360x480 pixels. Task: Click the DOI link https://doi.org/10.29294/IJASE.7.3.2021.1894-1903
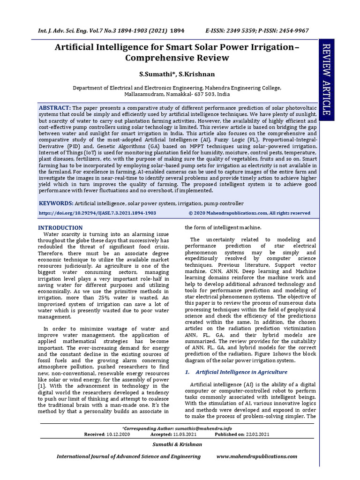(x=97, y=213)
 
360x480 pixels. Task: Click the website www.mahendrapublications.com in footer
(x=256, y=456)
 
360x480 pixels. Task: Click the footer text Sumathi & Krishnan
(x=180, y=444)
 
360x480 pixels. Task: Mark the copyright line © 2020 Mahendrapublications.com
(x=249, y=213)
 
